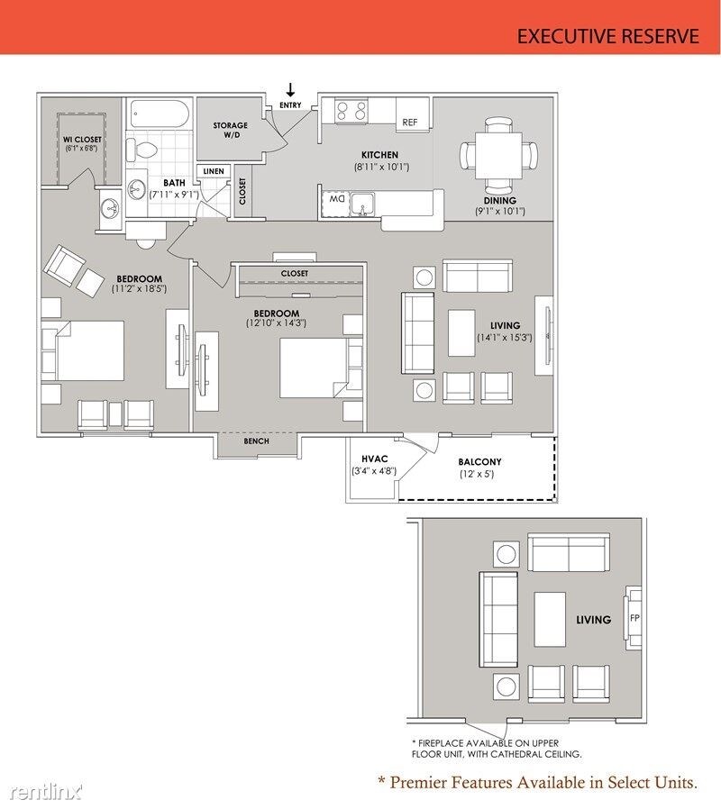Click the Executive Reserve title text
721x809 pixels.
(x=608, y=36)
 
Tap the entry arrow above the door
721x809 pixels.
(x=290, y=90)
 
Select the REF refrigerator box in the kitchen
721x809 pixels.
(x=410, y=122)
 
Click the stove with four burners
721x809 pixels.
(x=351, y=111)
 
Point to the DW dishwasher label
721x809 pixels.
(x=337, y=198)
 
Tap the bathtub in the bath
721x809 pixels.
(x=159, y=114)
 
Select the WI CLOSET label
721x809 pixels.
(x=82, y=140)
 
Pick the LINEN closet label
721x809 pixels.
(x=214, y=171)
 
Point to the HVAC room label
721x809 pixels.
(x=374, y=459)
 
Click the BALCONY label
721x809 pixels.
(x=479, y=462)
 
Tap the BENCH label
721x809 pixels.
(x=256, y=441)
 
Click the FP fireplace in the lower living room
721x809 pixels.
(x=634, y=618)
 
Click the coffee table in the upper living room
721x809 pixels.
(x=463, y=332)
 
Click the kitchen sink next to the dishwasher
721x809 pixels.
(x=363, y=205)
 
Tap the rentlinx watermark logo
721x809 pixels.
(x=45, y=792)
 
